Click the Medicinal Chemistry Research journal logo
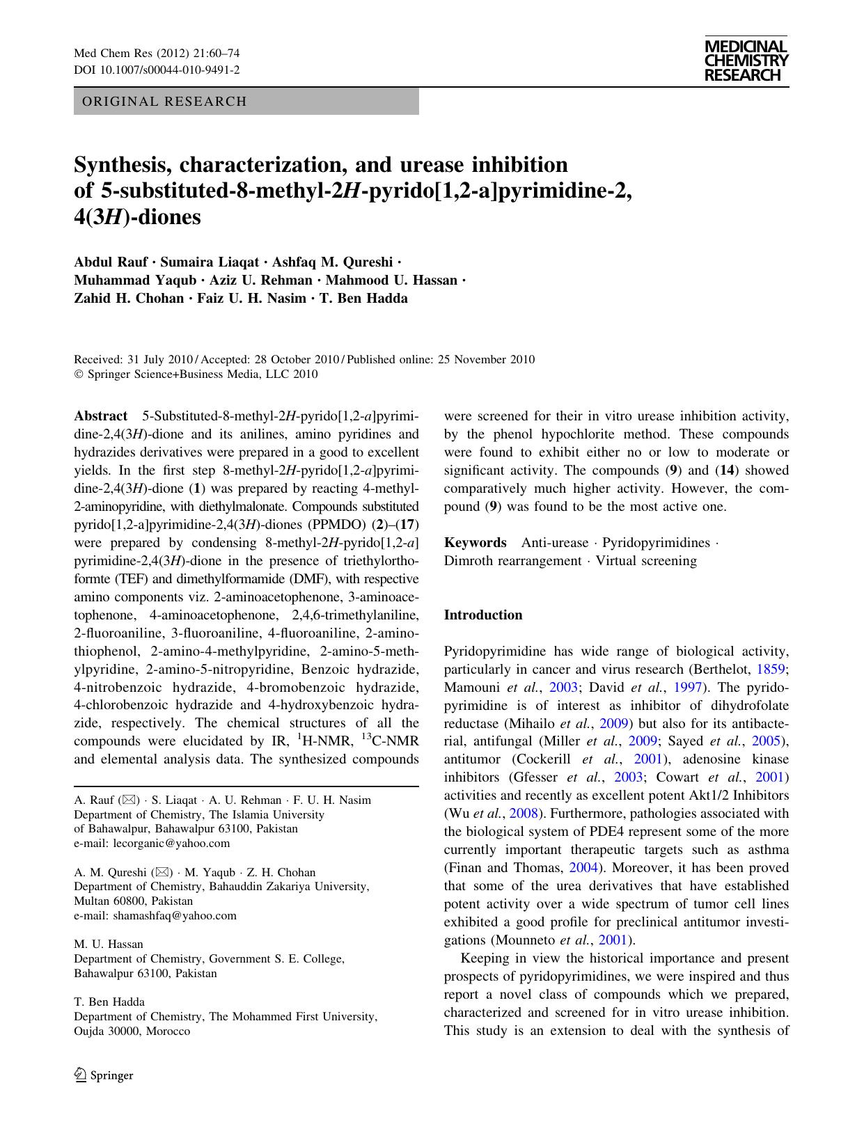(746, 61)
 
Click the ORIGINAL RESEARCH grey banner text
(164, 102)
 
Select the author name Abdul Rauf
(113, 262)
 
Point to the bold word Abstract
(100, 416)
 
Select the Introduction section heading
(482, 615)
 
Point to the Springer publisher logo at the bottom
(104, 1075)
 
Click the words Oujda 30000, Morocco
(132, 1031)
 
